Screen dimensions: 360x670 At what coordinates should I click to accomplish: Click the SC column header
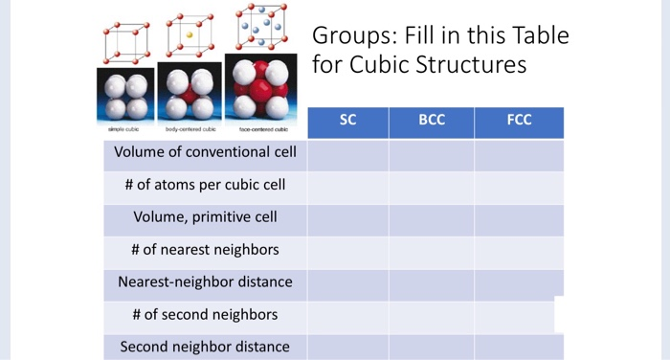point(347,122)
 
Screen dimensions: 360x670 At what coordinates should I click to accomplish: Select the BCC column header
point(432,122)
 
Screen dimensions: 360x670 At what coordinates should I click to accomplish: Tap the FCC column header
point(519,122)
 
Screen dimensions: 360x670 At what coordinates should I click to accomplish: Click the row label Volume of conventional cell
point(205,152)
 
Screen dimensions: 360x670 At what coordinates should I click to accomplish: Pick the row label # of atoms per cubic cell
point(205,185)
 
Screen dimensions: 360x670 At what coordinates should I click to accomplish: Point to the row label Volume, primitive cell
point(205,217)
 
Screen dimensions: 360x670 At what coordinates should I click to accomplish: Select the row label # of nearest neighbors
point(205,250)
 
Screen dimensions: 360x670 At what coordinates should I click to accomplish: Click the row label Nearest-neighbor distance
point(205,282)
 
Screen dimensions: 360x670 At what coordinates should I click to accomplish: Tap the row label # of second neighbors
point(205,314)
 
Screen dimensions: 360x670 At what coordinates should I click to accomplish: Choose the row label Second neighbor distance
point(205,347)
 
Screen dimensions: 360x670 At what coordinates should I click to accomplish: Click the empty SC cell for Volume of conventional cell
point(347,154)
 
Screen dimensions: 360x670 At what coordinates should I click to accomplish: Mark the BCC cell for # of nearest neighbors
point(432,252)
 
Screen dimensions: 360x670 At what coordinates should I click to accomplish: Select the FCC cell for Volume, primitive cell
point(519,219)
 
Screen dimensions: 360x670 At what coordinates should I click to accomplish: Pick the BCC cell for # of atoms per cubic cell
point(432,187)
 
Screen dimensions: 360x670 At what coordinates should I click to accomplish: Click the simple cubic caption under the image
point(124,128)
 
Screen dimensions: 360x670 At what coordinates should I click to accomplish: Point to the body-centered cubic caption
point(190,128)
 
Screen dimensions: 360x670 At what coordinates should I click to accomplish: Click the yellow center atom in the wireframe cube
point(190,35)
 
